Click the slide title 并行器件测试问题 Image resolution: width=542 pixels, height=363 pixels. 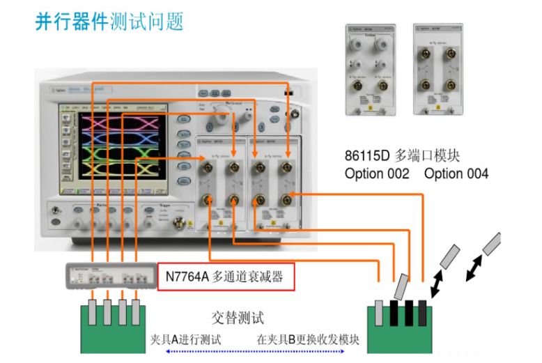point(109,21)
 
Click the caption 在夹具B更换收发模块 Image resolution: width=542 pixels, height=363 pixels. point(307,339)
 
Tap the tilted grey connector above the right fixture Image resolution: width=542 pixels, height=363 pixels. point(401,285)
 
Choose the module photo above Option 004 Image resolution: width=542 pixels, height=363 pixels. point(438,70)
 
